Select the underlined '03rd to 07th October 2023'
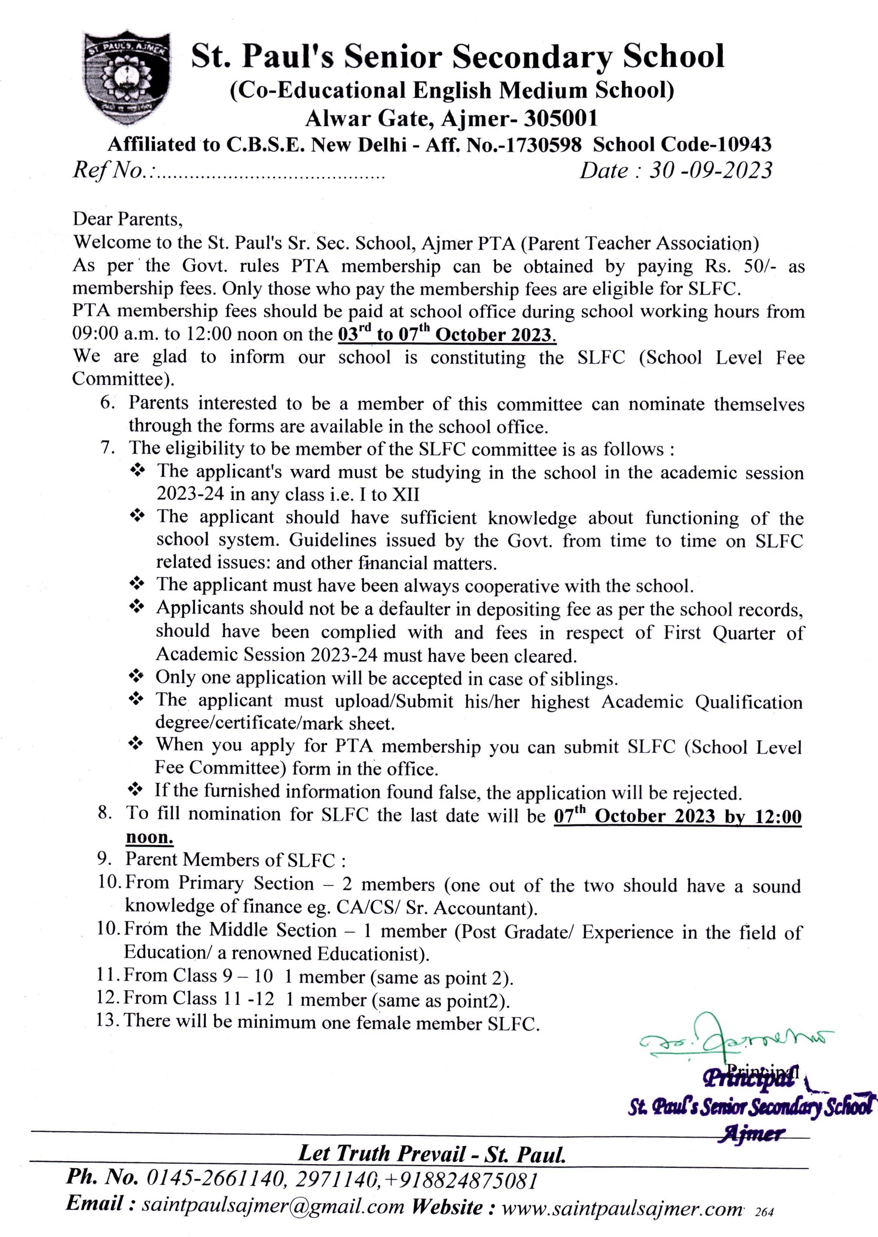(447, 334)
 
